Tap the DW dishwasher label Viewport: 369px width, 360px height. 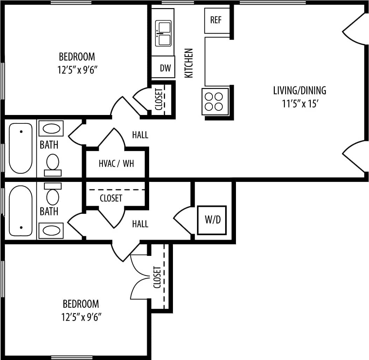[x=165, y=68]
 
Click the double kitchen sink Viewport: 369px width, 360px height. [x=163, y=33]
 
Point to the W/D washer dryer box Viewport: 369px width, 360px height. [x=211, y=220]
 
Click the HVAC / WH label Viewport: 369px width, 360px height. [x=116, y=164]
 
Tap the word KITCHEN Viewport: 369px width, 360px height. [x=189, y=63]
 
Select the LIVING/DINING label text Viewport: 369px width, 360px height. [x=299, y=90]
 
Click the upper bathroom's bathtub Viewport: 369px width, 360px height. [x=20, y=148]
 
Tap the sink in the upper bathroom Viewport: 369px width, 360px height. [x=51, y=129]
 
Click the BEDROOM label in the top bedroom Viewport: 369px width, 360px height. [x=77, y=56]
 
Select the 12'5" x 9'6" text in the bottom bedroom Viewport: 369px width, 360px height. [x=81, y=317]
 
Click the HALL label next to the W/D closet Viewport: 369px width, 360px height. [x=140, y=224]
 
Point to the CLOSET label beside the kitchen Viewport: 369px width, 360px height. [x=159, y=99]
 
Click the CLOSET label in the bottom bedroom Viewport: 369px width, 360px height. [x=157, y=277]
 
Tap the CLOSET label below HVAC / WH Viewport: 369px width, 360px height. [x=111, y=198]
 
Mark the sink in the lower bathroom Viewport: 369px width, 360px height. [x=51, y=231]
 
